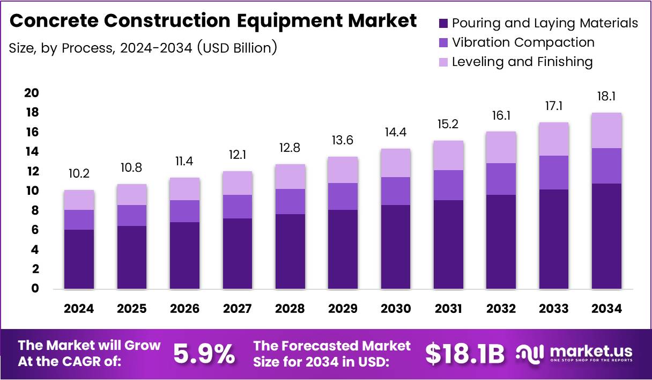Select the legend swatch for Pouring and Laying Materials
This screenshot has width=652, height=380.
click(x=443, y=23)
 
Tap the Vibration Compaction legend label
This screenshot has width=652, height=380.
click(x=523, y=42)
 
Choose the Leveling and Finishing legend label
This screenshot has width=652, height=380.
click(x=522, y=62)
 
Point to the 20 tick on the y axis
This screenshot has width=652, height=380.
click(x=31, y=93)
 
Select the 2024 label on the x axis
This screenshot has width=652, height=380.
click(x=79, y=309)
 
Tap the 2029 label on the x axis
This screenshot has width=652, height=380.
click(x=343, y=309)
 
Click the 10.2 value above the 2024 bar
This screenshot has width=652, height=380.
click(x=79, y=174)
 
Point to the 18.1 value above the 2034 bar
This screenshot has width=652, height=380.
click(x=606, y=97)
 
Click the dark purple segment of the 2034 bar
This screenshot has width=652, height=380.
click(x=606, y=236)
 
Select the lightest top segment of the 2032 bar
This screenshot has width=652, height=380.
click(x=501, y=148)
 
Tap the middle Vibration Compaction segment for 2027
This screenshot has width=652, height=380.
click(x=237, y=207)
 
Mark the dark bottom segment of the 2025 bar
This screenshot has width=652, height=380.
click(x=131, y=258)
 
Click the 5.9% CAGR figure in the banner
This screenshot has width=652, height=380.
click(x=204, y=354)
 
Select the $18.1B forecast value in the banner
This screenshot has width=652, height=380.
click(x=465, y=354)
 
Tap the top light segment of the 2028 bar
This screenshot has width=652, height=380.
click(x=290, y=177)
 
